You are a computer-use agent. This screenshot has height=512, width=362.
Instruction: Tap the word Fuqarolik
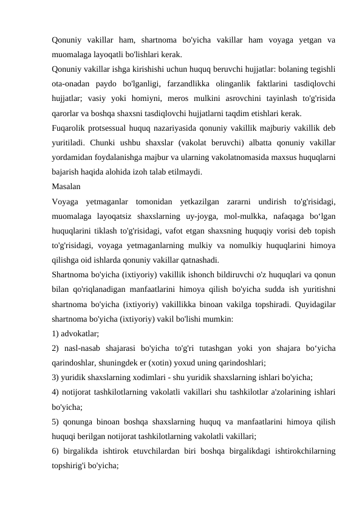tap(70, 127)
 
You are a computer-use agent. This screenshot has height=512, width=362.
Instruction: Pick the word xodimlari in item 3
tap(143, 376)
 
